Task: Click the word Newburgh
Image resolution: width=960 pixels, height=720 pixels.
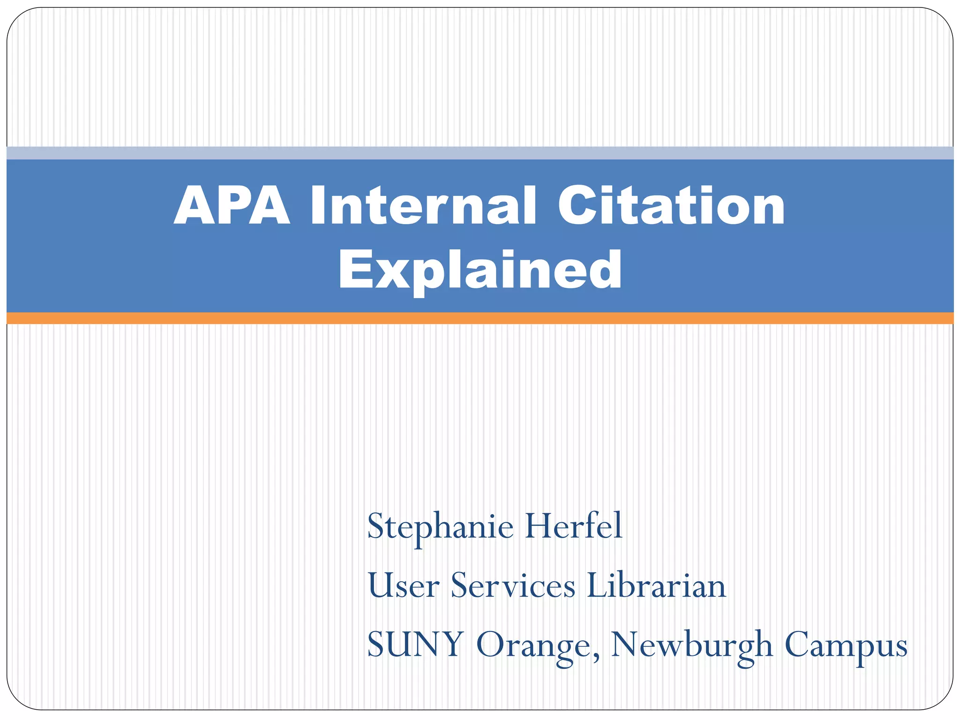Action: click(692, 646)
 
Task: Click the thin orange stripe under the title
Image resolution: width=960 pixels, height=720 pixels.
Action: click(480, 318)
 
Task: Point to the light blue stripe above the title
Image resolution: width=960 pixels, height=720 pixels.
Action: click(480, 153)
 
